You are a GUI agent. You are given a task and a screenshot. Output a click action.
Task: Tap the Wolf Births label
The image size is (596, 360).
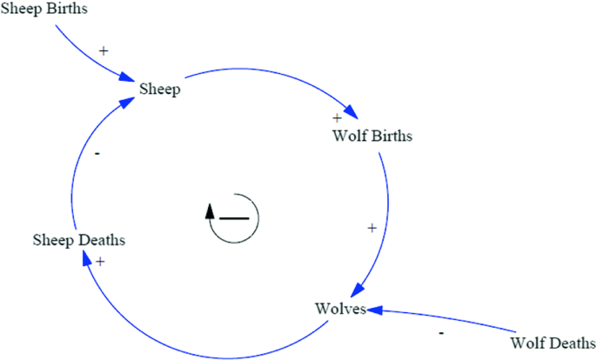coord(372,137)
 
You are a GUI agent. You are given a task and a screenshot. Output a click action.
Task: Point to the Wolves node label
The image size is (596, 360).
coord(339,309)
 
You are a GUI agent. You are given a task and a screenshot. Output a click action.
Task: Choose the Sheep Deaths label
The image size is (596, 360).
coord(79,239)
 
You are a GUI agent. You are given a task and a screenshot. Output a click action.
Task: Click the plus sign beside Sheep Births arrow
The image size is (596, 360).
coord(104,50)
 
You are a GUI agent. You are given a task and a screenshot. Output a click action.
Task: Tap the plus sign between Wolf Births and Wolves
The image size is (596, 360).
coord(372,228)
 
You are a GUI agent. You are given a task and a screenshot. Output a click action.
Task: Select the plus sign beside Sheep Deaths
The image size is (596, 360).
coord(101,261)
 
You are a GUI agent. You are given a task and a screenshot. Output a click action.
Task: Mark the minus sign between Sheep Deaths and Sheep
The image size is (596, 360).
coord(97,153)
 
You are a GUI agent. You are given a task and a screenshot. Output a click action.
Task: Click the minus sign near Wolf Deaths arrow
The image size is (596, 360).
coord(441,332)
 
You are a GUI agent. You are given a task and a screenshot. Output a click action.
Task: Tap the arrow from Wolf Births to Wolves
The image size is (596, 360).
coord(385,217)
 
